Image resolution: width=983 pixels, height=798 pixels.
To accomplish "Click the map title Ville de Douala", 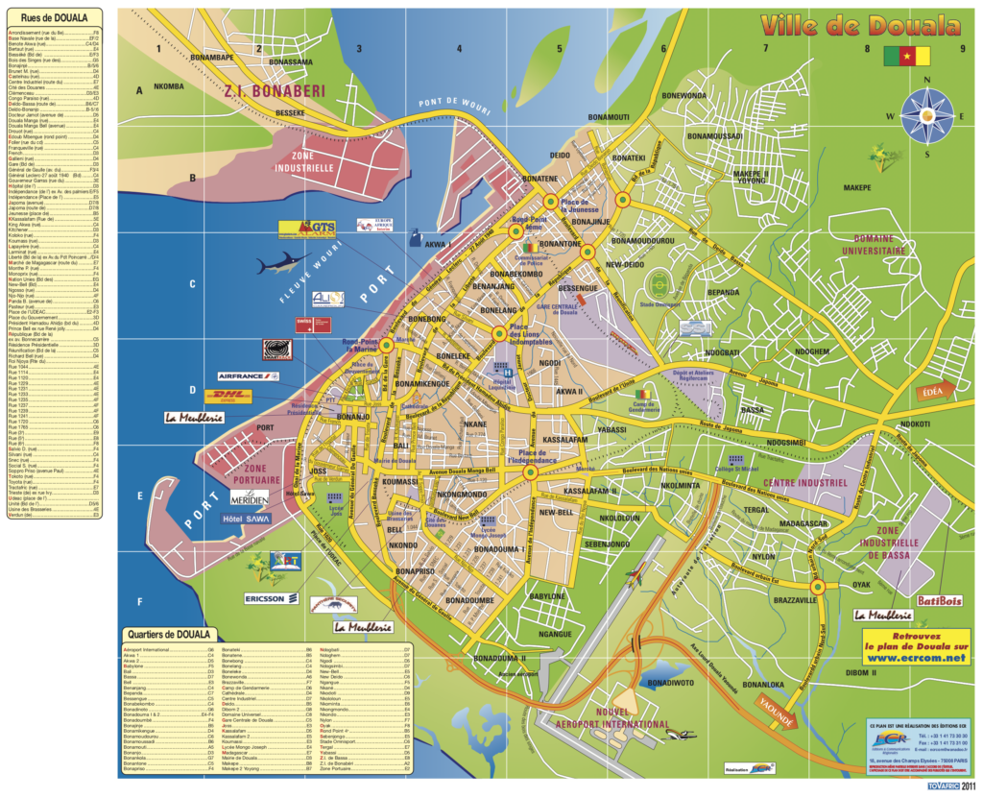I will point(859,25).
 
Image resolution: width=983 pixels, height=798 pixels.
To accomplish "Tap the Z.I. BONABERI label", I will point(274,92).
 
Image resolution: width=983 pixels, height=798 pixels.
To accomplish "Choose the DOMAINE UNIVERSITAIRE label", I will point(873,245).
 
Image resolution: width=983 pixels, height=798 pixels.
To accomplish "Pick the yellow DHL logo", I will point(229,396).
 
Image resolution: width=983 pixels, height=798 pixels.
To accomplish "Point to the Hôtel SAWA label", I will point(247,519).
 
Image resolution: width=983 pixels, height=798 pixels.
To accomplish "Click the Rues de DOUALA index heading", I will point(55,18).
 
